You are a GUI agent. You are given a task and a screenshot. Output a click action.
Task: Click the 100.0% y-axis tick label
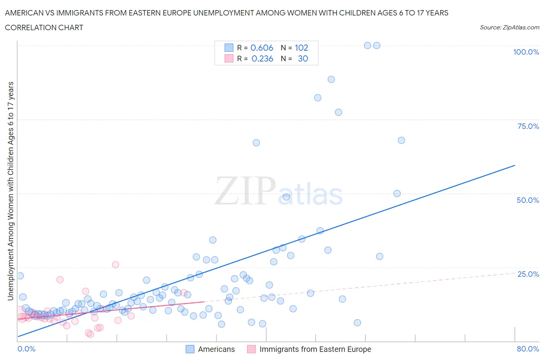point(526,52)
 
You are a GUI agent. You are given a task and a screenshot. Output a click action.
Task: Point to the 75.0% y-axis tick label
point(528,126)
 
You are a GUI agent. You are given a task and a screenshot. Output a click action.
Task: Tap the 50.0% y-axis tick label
point(528,200)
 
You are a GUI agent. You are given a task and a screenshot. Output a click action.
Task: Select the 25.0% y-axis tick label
point(528,274)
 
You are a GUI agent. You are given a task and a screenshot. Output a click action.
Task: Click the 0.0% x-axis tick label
point(26,349)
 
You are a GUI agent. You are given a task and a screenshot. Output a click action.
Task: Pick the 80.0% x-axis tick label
point(528,349)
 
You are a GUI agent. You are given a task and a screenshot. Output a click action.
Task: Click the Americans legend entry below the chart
point(216,349)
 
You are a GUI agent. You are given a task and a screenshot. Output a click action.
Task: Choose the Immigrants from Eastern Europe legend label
point(315,349)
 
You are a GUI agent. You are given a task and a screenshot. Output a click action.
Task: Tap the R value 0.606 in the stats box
point(262,48)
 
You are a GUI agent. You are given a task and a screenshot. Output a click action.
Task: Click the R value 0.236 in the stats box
point(262,58)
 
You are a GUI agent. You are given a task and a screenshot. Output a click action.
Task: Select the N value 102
point(301,48)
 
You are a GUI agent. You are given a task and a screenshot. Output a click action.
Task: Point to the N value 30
point(303,58)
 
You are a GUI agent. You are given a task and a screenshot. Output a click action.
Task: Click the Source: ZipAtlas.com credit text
point(509,27)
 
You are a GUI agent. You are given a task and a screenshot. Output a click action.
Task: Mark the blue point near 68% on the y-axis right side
point(401,140)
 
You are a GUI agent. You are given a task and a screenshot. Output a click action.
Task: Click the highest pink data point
point(115,265)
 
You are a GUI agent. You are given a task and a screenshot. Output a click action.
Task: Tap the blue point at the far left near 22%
point(20,276)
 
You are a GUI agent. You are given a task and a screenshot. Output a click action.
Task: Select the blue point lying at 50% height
point(397,194)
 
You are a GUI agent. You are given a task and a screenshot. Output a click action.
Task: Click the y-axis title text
point(10,191)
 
